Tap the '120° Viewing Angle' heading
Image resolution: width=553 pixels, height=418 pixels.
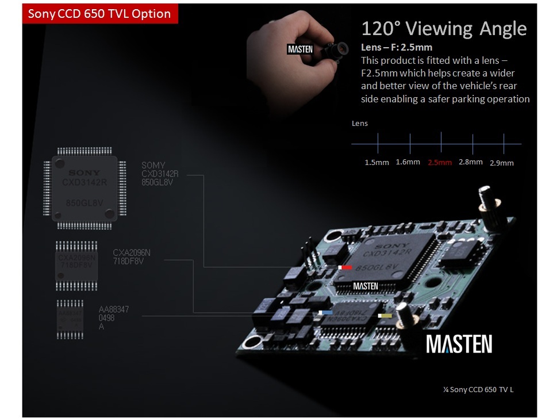[x=443, y=29]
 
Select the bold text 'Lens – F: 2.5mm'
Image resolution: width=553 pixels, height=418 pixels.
[x=396, y=47]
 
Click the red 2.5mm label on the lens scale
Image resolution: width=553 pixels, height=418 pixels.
[x=440, y=163]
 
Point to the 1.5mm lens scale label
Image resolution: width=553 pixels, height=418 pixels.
[x=377, y=163]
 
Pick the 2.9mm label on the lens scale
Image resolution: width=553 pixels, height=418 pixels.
[x=501, y=163]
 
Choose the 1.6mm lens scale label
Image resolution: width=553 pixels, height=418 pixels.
[x=408, y=162]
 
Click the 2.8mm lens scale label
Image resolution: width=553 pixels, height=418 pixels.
[x=470, y=162]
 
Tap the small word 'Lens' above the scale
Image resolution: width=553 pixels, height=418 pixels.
[x=359, y=123]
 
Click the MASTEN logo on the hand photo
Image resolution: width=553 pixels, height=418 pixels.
[x=300, y=49]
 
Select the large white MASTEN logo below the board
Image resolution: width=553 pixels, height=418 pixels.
[x=459, y=344]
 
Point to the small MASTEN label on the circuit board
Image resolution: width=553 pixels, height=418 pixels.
[x=365, y=286]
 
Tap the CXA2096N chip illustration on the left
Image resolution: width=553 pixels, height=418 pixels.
[x=76, y=264]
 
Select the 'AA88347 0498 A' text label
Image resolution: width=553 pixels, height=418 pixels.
[x=114, y=318]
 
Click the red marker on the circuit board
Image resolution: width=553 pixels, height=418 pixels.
[x=346, y=267]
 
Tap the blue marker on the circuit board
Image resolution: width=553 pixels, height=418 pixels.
[x=327, y=313]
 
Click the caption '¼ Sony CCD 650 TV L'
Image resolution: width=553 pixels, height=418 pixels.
[x=478, y=390]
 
